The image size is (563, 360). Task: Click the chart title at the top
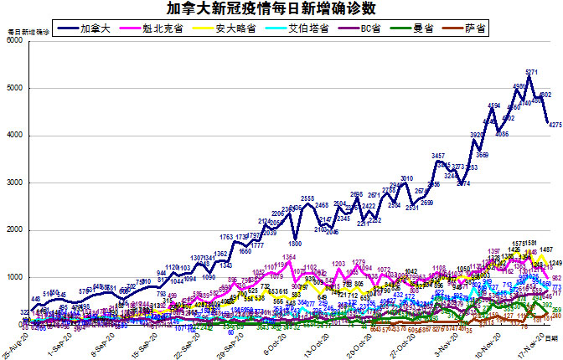pyautogui.click(x=281, y=9)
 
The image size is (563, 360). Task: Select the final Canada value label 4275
pyautogui.click(x=554, y=124)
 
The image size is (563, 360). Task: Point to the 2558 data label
pyautogui.click(x=307, y=198)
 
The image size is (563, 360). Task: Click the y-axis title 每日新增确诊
pyautogui.click(x=28, y=31)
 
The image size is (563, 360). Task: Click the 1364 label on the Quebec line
pyautogui.click(x=289, y=256)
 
